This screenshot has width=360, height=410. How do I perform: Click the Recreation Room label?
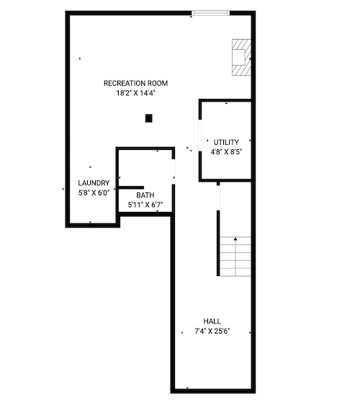coord(135,83)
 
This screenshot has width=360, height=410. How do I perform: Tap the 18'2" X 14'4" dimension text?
coord(135,93)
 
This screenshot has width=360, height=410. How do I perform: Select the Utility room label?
coord(226,142)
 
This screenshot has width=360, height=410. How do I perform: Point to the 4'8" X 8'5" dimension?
coord(226,152)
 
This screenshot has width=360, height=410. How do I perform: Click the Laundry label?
coord(94,183)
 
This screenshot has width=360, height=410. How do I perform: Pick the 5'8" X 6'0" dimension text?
coord(94,192)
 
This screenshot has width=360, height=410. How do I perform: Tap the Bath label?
coord(145,195)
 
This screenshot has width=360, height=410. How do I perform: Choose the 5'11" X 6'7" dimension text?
coord(145,205)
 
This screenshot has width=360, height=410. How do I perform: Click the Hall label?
coord(212,321)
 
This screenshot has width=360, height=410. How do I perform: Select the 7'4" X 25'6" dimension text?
coord(212,331)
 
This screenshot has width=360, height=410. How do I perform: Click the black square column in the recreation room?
coord(148,118)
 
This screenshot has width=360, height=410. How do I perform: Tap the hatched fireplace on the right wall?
coord(242,57)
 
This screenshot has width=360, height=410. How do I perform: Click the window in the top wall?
coord(210,13)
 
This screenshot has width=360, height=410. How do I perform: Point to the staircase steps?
coord(235,257)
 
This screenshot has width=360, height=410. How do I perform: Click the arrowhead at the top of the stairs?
coord(235,239)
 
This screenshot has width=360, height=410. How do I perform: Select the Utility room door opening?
coord(200,135)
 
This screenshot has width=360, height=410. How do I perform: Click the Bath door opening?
coord(174,171)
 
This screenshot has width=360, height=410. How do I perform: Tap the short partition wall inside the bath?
coord(131,187)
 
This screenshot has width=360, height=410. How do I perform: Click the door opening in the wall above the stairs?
coord(218,198)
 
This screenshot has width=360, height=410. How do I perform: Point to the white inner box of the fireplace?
coord(239,57)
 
